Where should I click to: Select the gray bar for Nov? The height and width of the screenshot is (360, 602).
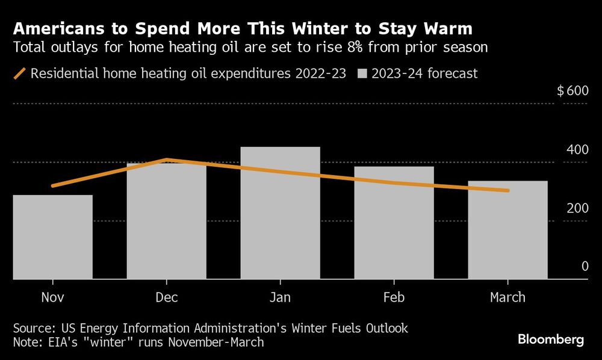tap(53, 237)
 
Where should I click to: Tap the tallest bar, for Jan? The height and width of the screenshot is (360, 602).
tap(281, 213)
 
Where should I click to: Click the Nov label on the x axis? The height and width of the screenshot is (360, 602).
tap(53, 297)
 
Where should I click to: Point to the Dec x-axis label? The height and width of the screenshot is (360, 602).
tap(167, 297)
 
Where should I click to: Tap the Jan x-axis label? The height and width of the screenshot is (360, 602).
tap(281, 297)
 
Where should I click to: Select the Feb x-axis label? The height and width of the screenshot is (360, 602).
tap(394, 297)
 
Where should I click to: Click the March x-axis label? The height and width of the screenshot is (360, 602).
tap(508, 297)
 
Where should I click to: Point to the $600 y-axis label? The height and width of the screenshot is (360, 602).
tap(573, 92)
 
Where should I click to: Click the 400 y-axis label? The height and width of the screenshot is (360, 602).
tap(577, 149)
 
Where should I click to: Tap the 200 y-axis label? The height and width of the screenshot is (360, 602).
tap(577, 208)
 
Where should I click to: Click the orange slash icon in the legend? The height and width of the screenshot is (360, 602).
tap(20, 73)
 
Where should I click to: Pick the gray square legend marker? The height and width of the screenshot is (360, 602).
tap(362, 74)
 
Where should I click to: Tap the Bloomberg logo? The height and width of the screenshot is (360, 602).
tap(551, 340)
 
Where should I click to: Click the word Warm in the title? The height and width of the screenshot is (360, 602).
tap(448, 28)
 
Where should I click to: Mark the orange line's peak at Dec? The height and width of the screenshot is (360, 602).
tap(167, 160)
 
